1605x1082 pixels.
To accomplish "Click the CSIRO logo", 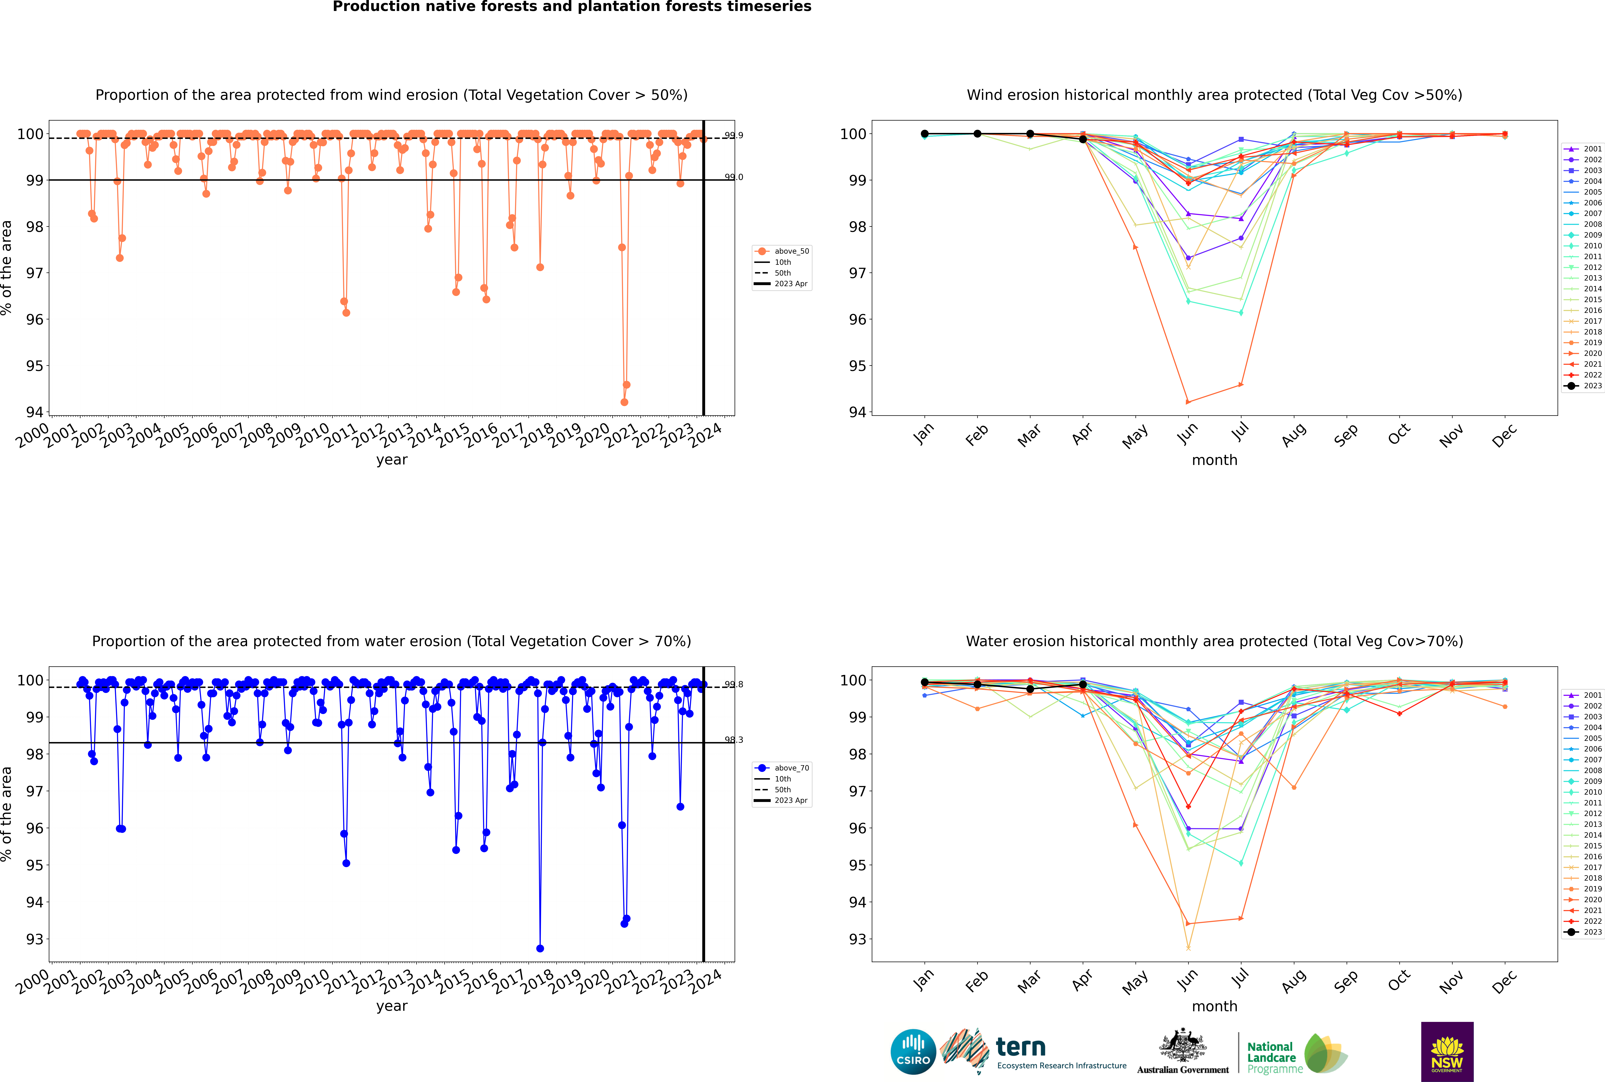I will pyautogui.click(x=913, y=1052).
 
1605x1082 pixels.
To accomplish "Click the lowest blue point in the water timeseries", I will pyautogui.click(x=540, y=948).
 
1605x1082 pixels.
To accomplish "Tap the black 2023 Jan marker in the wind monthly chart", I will pyautogui.click(x=925, y=134).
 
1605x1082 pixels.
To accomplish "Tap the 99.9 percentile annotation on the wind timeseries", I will pyautogui.click(x=734, y=135).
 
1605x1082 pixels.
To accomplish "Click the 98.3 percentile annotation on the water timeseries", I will pyautogui.click(x=734, y=740).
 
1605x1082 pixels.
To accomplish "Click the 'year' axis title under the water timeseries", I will pyautogui.click(x=391, y=1006).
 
